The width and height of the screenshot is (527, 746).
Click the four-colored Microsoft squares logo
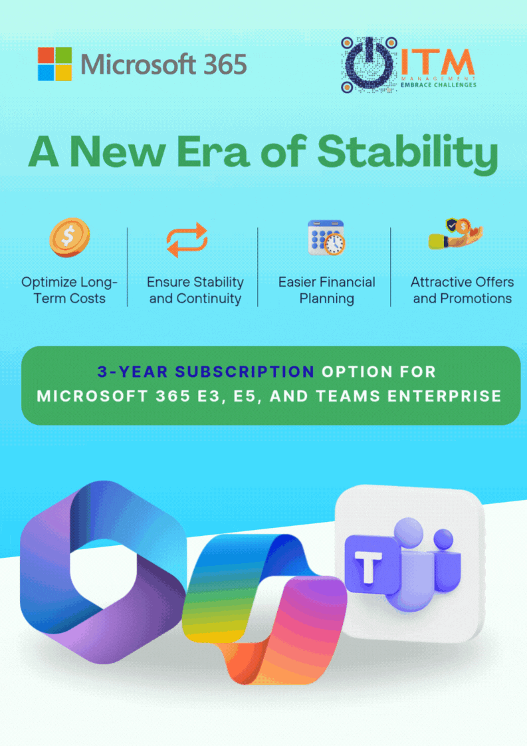click(x=54, y=64)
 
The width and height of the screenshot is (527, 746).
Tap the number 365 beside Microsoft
click(x=225, y=64)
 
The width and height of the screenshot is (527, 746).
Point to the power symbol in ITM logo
click(x=369, y=64)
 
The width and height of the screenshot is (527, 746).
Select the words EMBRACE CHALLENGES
click(x=439, y=84)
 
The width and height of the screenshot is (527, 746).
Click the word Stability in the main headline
click(x=407, y=153)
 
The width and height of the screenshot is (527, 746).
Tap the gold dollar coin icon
click(x=69, y=237)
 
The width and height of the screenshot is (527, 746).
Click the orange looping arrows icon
click(x=187, y=240)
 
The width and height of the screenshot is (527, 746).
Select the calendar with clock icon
click(x=326, y=237)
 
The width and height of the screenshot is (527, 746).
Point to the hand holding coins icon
click(x=456, y=233)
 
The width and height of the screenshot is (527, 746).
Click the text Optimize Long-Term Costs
click(x=69, y=290)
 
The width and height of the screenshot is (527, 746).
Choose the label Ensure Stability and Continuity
click(x=195, y=290)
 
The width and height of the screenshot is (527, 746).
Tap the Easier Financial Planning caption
click(x=327, y=290)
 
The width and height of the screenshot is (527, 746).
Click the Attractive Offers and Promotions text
click(x=463, y=290)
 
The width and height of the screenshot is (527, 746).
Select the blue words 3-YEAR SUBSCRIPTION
click(x=205, y=372)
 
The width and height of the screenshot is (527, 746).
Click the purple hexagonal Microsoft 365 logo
click(x=103, y=572)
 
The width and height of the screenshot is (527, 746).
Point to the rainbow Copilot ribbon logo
click(x=265, y=609)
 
